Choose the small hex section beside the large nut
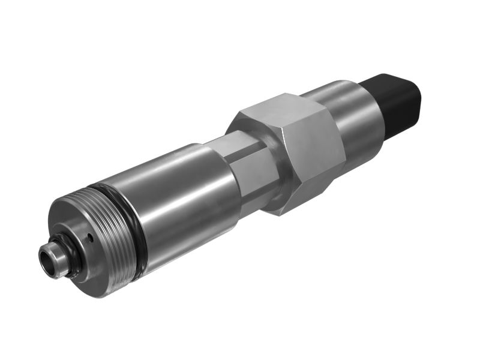[252, 171]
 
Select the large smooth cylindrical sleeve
[180, 192]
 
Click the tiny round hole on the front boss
[90, 238]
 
